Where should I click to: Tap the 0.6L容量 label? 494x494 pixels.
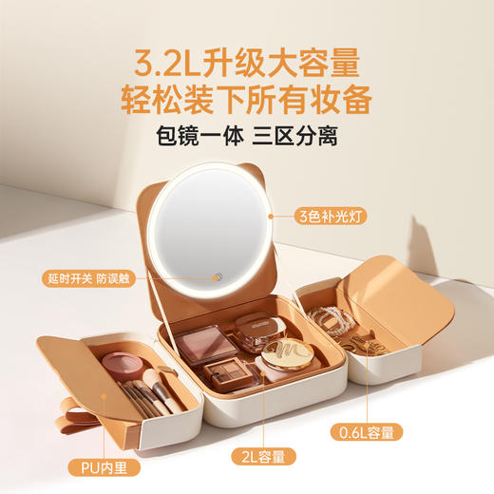tap(368, 432)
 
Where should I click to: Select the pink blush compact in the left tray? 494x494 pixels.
tap(121, 364)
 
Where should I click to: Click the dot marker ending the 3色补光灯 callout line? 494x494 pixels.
tap(271, 218)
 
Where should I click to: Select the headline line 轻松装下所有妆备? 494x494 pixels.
tap(247, 98)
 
